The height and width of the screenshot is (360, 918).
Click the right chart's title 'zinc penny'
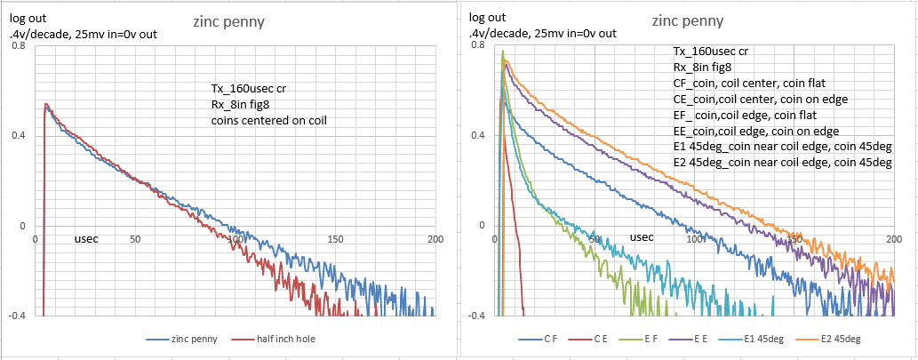click(x=687, y=20)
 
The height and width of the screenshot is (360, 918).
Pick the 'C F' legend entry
click(x=550, y=339)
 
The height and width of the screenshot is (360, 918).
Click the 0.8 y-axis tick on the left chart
click(x=18, y=44)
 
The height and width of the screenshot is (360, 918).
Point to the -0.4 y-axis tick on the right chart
click(x=477, y=316)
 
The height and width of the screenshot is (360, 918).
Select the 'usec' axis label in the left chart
click(x=87, y=238)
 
